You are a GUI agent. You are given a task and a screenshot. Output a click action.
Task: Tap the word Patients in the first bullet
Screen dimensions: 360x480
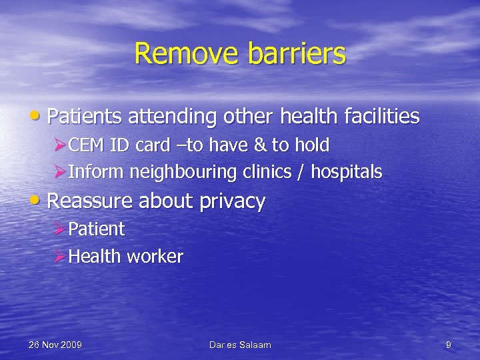85,117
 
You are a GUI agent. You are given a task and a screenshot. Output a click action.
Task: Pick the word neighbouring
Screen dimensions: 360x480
183,173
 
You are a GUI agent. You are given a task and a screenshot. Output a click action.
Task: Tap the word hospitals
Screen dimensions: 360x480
347,173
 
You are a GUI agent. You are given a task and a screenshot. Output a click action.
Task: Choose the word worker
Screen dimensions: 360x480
157,257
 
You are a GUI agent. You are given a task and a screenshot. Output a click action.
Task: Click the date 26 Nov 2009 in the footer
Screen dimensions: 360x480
55,345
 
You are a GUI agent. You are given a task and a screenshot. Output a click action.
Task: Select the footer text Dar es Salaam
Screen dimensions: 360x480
240,345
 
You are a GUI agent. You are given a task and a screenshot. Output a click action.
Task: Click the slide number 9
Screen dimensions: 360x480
449,345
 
